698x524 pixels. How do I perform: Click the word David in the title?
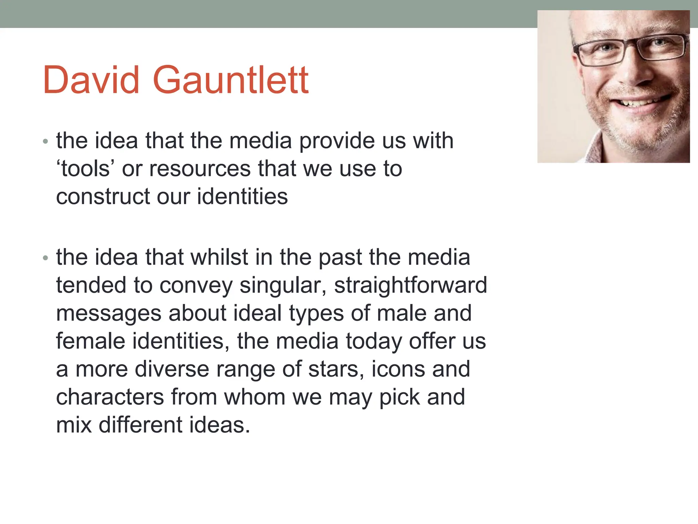[91, 80]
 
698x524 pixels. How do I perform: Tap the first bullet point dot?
[46, 141]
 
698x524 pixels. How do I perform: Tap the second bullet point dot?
[46, 258]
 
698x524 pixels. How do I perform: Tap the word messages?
[109, 314]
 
